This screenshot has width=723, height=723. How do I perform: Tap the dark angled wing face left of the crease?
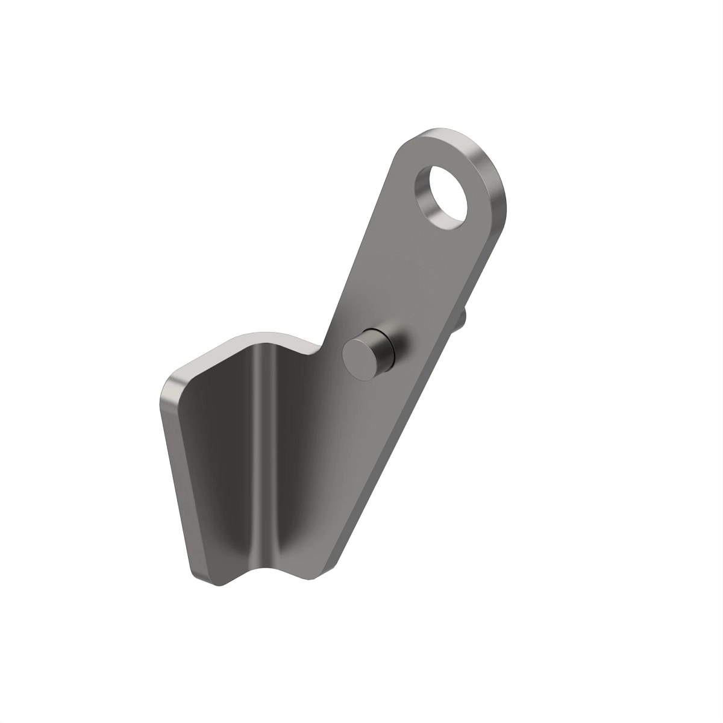click(223, 458)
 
